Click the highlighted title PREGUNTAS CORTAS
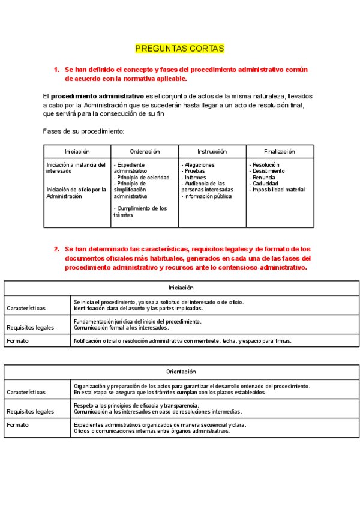pyautogui.click(x=179, y=48)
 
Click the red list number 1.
pyautogui.click(x=56, y=70)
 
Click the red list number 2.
pyautogui.click(x=56, y=249)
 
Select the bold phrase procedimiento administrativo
pyautogui.click(x=97, y=96)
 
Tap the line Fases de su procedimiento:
pyautogui.click(x=83, y=131)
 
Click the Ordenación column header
pyautogui.click(x=145, y=152)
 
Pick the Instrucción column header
pyautogui.click(x=212, y=152)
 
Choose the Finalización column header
pyautogui.click(x=280, y=152)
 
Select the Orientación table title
pyautogui.click(x=181, y=372)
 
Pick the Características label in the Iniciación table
pyautogui.click(x=26, y=308)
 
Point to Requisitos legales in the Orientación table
pyautogui.click(x=30, y=412)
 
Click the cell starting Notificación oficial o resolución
pyautogui.click(x=182, y=341)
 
